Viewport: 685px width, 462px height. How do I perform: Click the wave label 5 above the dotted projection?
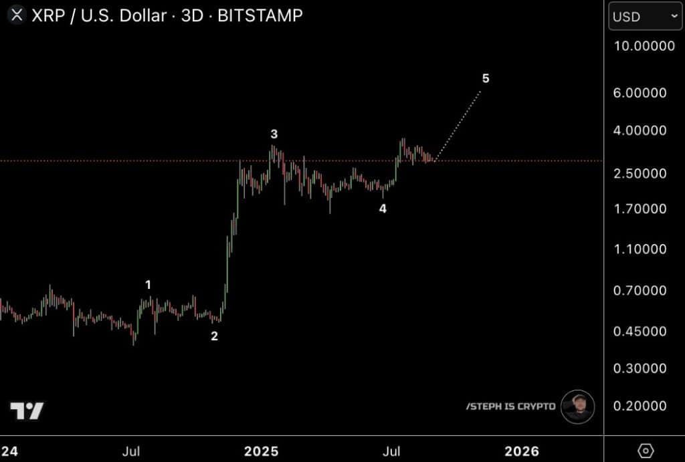486,79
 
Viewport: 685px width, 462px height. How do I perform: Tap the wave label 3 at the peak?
274,134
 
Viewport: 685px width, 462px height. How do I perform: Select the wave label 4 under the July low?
383,209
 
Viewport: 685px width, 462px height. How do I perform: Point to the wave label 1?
149,285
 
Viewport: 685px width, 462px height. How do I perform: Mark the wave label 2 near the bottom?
214,336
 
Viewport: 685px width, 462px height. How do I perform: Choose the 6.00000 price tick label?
640,93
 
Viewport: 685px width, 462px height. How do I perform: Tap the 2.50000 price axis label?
640,173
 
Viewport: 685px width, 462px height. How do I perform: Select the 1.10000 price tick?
640,249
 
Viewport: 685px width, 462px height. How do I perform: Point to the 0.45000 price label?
640,331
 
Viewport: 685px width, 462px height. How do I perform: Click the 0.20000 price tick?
640,406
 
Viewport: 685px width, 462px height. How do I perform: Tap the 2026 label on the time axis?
521,451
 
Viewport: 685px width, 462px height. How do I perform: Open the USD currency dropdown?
645,17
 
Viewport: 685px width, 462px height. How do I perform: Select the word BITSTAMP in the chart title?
260,15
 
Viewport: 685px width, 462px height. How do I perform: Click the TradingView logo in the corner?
27,411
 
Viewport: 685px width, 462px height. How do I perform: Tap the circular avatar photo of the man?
577,407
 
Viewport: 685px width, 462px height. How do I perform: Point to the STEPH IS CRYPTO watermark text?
510,407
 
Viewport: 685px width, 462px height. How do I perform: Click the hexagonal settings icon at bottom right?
646,451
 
